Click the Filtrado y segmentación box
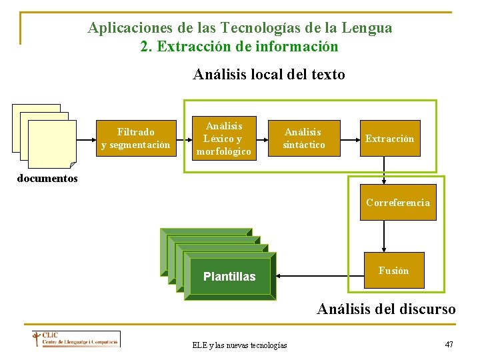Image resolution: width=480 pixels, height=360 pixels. (135, 139)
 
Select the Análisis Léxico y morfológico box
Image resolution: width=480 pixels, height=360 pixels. (223, 139)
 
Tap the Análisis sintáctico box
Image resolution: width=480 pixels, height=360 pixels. (304, 139)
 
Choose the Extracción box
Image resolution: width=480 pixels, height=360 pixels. (389, 139)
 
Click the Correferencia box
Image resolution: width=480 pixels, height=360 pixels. (398, 203)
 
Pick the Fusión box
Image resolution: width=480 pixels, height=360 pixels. (393, 270)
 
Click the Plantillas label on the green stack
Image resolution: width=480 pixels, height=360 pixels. (229, 277)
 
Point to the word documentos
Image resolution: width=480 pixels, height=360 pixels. (47, 179)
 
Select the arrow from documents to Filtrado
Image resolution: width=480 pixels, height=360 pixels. (85, 141)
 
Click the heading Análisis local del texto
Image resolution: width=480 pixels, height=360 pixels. (269, 75)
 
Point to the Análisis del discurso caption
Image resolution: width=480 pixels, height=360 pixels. (386, 309)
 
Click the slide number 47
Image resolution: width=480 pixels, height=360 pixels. (449, 344)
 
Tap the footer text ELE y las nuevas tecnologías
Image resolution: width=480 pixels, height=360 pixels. (239, 345)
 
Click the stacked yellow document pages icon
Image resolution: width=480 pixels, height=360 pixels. (44, 135)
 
